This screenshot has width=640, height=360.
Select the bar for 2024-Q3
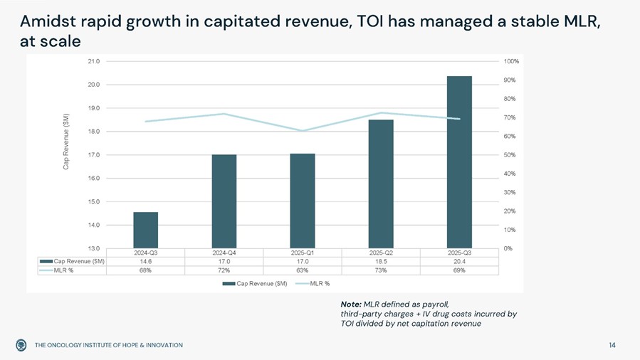145,230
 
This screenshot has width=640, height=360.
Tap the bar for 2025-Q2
381,184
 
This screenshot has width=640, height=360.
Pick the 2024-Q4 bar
224,201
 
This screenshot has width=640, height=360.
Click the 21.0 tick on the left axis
93,61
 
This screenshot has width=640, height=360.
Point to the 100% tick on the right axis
511,61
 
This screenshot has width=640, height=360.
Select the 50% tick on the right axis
510,155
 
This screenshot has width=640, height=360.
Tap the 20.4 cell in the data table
459,261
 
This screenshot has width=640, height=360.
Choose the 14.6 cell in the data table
145,261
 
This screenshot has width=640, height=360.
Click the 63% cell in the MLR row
303,270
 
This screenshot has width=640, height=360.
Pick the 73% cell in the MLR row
381,270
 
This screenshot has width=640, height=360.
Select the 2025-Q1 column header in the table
303,253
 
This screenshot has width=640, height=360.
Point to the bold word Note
351,304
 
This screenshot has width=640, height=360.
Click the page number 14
612,345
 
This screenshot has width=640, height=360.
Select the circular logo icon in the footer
21,345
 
